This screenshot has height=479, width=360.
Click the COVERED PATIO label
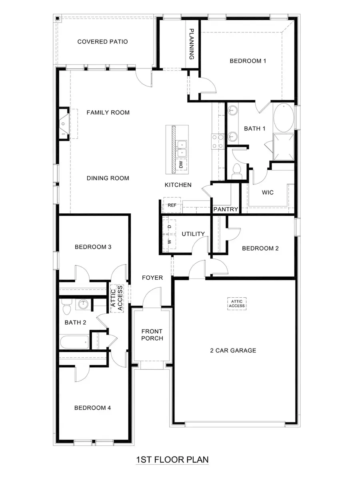coord(102,42)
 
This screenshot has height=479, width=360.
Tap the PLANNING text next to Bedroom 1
coord(192,44)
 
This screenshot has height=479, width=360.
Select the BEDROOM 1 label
coord(248,61)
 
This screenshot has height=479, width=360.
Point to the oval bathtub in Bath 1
coord(284,118)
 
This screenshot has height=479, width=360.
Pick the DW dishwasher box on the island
coord(181,164)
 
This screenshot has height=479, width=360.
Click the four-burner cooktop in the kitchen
coord(218,141)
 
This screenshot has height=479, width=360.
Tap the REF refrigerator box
coord(172,205)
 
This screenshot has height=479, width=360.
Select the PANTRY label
coord(226,209)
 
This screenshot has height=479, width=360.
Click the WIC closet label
coord(268,192)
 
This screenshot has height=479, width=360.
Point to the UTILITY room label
coord(193,234)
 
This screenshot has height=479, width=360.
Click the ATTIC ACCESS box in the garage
coord(237,303)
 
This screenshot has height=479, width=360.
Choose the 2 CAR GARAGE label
coord(233,351)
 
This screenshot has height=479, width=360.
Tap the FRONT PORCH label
coord(152,335)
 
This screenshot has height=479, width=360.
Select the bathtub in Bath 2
coord(74,342)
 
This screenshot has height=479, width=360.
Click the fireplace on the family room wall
coord(64,124)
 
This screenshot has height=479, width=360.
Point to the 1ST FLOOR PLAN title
coord(172,459)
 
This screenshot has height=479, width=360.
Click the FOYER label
coord(152,278)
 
